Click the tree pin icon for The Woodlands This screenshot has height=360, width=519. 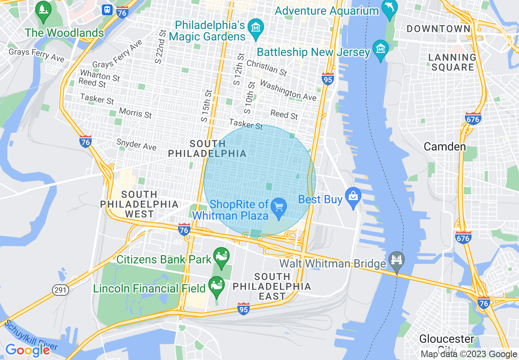tap(43, 13)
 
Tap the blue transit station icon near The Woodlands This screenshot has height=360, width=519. tap(107, 9)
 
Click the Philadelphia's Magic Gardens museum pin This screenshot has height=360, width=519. tap(256, 29)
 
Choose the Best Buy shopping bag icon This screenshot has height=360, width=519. tap(352, 198)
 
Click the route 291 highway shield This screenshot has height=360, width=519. tap(61, 290)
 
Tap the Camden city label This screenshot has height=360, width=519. tap(445, 146)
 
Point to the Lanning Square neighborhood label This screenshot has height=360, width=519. tap(452, 62)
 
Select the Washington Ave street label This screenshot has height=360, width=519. tap(288, 90)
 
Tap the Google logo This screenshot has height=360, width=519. tap(27, 350)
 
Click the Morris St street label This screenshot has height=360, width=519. tap(135, 112)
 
